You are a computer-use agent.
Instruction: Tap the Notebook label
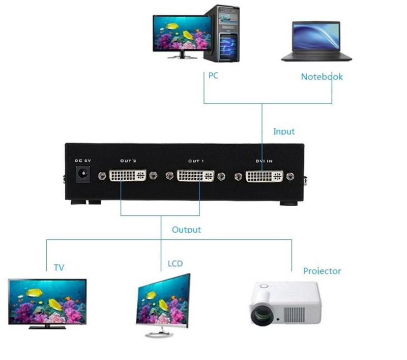point(322,77)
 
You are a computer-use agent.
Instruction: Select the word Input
point(284,131)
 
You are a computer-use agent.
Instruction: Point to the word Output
point(186,230)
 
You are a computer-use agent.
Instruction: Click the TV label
point(59,267)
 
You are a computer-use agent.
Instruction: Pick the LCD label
point(175,264)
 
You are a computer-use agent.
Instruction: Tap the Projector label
point(322,271)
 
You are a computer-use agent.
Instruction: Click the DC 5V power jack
point(81,176)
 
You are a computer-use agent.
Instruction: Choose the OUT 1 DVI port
point(196,176)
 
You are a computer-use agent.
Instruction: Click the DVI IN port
point(264,177)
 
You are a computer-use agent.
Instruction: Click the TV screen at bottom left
point(47,300)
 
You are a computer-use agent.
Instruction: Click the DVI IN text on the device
point(264,161)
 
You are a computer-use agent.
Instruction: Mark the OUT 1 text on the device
point(196,161)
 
